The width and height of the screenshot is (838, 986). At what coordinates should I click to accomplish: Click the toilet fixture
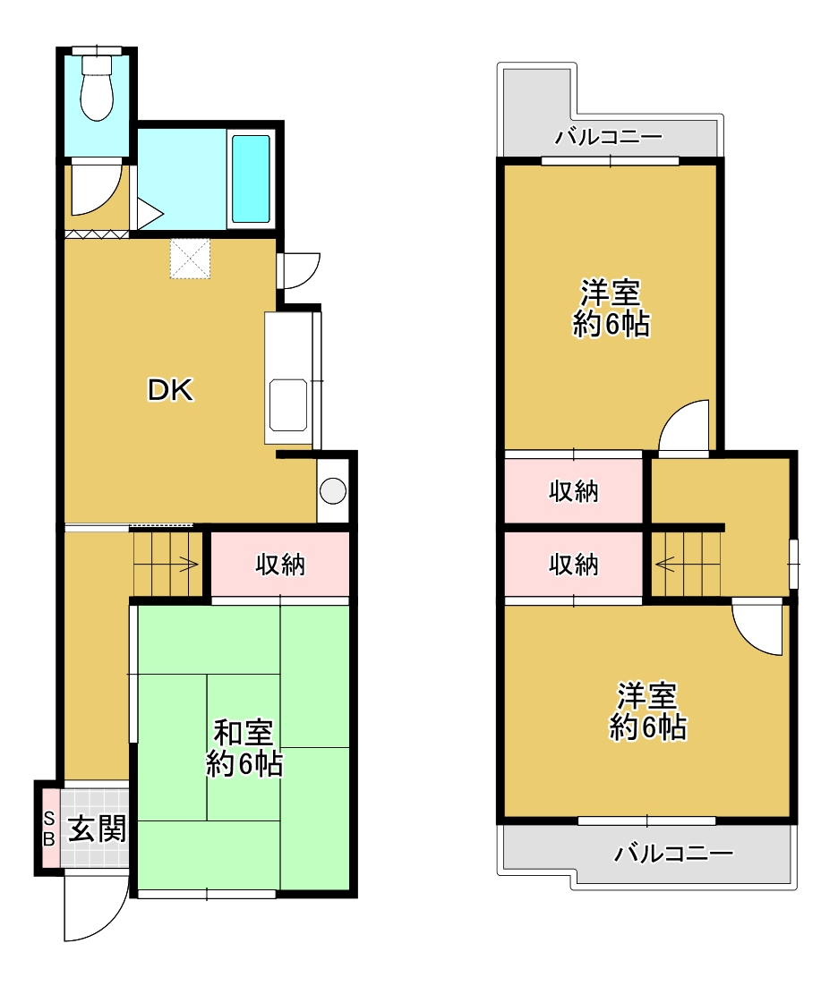click(97, 87)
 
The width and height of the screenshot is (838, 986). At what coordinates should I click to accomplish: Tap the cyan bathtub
click(251, 179)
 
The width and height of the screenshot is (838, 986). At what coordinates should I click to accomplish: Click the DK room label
click(170, 390)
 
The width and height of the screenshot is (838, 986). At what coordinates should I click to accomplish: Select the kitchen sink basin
click(288, 405)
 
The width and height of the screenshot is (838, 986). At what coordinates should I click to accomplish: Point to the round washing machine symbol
click(333, 490)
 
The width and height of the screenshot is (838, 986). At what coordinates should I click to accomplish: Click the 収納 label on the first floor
click(280, 565)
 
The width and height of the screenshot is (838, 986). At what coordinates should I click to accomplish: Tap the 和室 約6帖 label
click(244, 748)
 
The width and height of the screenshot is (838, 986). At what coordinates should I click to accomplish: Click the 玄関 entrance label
click(97, 829)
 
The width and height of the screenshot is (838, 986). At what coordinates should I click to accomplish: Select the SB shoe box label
click(49, 829)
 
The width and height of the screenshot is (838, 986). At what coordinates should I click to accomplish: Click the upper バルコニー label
click(609, 137)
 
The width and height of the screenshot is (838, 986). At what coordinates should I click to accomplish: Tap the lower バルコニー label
click(674, 854)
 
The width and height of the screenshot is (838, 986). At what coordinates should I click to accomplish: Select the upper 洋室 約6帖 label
click(611, 308)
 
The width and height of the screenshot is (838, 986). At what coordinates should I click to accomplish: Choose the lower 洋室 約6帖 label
click(648, 711)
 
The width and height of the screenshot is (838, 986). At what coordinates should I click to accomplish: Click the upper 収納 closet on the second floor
click(573, 491)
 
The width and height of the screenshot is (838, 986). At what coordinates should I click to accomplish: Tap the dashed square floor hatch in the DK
click(190, 259)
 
